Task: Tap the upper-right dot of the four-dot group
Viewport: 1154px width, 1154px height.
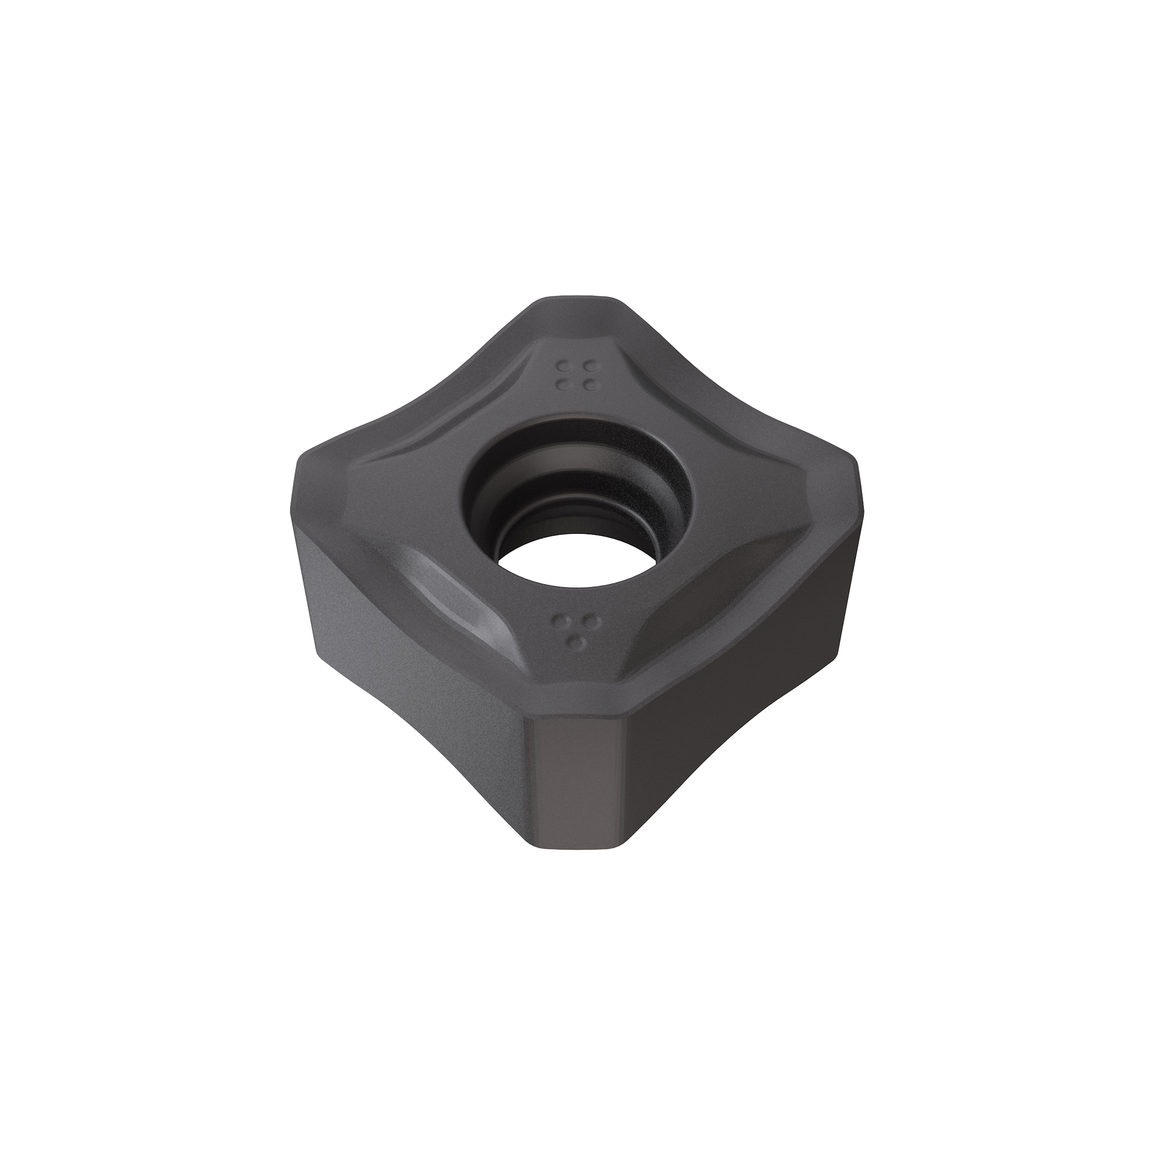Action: tap(590, 365)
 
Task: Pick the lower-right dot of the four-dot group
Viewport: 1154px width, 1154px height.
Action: tap(590, 385)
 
